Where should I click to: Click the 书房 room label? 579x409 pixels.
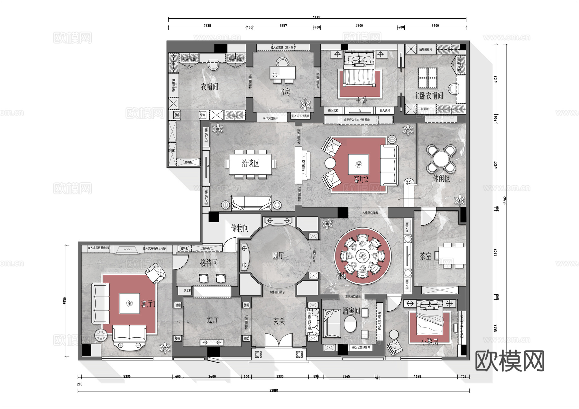(284, 92)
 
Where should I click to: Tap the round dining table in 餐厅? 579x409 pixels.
(363, 256)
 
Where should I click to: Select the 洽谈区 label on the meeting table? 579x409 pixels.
(250, 164)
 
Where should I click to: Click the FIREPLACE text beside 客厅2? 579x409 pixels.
(303, 165)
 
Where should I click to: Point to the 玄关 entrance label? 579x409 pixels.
(279, 321)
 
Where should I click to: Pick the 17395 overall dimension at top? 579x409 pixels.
(317, 17)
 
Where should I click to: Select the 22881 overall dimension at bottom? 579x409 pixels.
(274, 390)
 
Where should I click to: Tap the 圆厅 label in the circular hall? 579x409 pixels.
(278, 256)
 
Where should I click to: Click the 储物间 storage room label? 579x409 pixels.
(240, 228)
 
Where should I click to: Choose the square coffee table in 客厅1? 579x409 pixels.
(129, 303)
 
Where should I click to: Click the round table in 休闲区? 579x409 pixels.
(441, 158)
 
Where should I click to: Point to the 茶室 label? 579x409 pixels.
(426, 256)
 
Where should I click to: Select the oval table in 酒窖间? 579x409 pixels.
(350, 324)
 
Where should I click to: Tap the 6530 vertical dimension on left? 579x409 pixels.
(65, 301)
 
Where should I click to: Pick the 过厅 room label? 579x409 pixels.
(212, 319)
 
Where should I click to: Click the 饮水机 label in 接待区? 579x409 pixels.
(187, 290)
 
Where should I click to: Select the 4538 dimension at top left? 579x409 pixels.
(207, 26)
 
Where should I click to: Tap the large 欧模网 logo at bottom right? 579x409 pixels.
(510, 361)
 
